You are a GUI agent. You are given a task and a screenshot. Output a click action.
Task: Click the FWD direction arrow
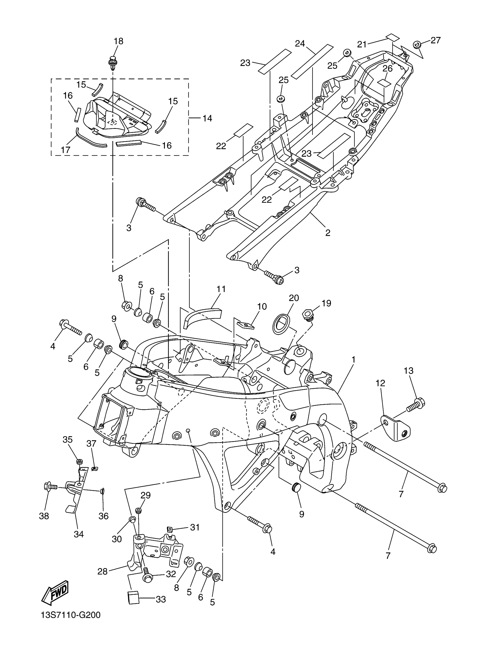point(55,593)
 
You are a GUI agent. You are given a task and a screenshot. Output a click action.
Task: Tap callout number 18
point(119,41)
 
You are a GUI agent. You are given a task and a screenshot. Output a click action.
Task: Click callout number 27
point(435,40)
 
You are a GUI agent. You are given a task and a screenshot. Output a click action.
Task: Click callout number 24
point(300,44)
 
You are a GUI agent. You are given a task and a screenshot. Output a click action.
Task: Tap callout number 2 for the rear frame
point(328,233)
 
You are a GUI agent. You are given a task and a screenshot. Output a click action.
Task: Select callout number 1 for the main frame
point(353,360)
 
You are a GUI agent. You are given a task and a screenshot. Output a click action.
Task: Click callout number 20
point(294,298)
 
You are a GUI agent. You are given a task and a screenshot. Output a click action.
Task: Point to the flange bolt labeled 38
point(50,487)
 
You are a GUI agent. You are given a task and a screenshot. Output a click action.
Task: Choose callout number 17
point(66,150)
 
